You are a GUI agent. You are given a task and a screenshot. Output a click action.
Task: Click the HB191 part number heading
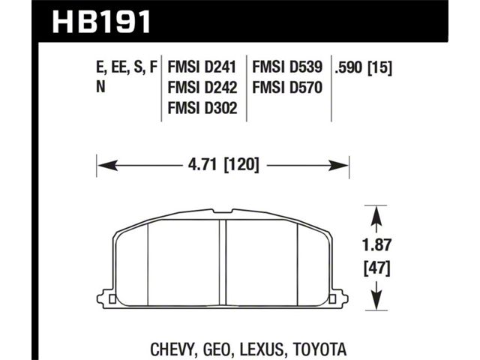click(x=101, y=22)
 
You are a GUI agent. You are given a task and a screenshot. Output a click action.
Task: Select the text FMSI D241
click(x=202, y=67)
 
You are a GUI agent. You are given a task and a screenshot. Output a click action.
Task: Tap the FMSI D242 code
click(x=202, y=88)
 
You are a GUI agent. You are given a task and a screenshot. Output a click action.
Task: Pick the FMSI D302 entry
click(x=202, y=108)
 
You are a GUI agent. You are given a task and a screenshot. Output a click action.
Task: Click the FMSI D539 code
click(x=287, y=67)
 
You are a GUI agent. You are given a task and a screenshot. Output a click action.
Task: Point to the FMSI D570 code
click(x=287, y=88)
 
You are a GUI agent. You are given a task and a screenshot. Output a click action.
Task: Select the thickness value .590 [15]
click(x=363, y=67)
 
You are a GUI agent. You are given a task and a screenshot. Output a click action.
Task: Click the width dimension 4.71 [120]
click(x=223, y=165)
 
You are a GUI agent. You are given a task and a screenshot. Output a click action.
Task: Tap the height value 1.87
click(x=376, y=245)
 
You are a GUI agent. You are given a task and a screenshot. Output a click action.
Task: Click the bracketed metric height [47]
click(x=376, y=268)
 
